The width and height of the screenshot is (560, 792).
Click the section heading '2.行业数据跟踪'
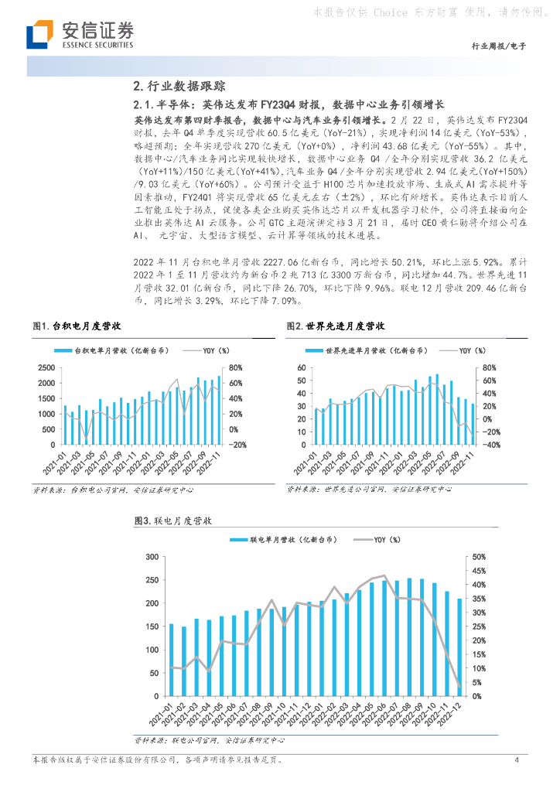click(x=179, y=87)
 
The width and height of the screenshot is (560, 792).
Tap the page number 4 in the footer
click(x=515, y=760)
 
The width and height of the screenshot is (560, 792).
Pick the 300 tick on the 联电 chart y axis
click(x=152, y=557)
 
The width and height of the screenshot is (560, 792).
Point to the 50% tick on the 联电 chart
click(x=479, y=557)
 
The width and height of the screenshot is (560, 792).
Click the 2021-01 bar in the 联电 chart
click(x=172, y=660)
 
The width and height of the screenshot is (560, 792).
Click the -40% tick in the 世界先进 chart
click(x=490, y=445)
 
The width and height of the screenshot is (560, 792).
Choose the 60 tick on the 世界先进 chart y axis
click(x=302, y=368)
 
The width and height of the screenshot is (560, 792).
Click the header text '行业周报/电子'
click(x=498, y=46)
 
